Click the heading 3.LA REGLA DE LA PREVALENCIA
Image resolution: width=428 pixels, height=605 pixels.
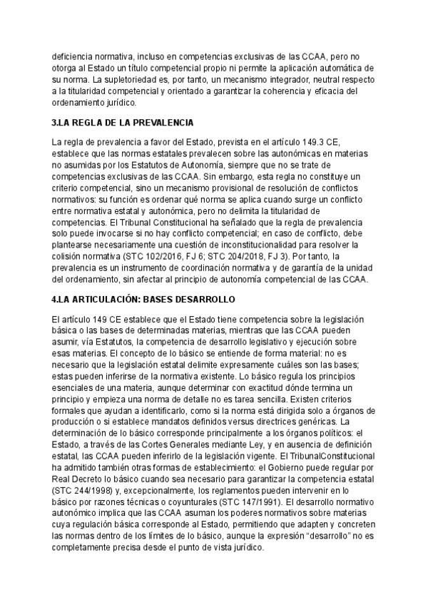[x=123, y=122]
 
